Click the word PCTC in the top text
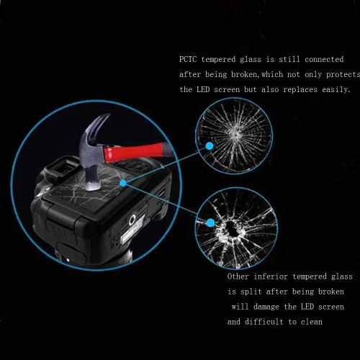tap(188, 59)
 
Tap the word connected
tap(324, 59)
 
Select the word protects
tap(343, 75)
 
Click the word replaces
tap(300, 89)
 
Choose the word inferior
tap(271, 276)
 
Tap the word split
tap(251, 292)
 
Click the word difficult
tap(264, 322)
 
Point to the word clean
tap(312, 322)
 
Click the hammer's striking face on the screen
tap(92, 185)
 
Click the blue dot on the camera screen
tap(123, 183)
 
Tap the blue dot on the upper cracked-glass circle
tap(210, 146)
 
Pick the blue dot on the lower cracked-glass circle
tap(210, 222)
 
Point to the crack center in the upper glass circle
tap(236, 135)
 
